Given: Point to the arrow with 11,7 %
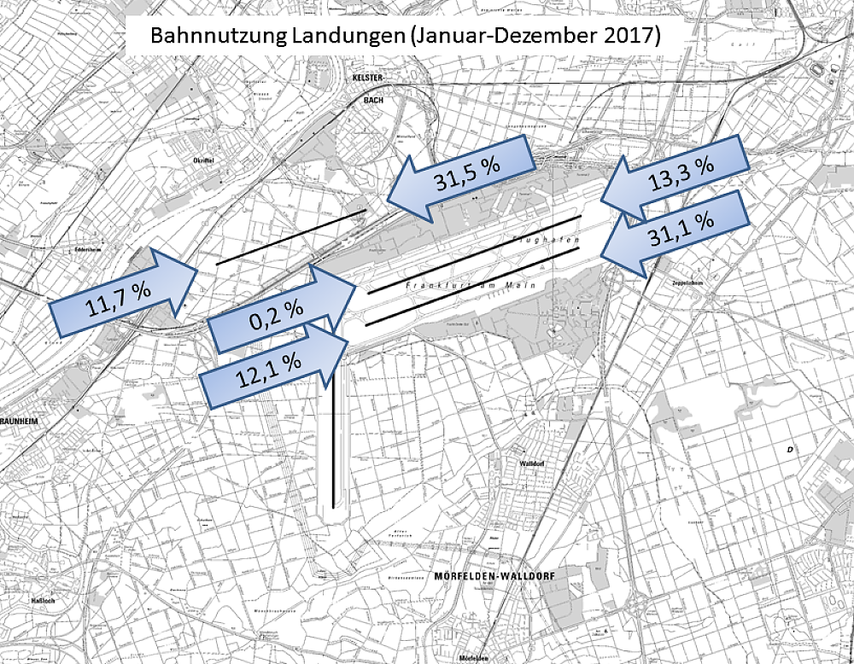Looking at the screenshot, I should (x=124, y=286).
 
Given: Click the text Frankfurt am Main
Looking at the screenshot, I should (x=470, y=284).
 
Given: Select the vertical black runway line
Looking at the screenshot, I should (x=333, y=427).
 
